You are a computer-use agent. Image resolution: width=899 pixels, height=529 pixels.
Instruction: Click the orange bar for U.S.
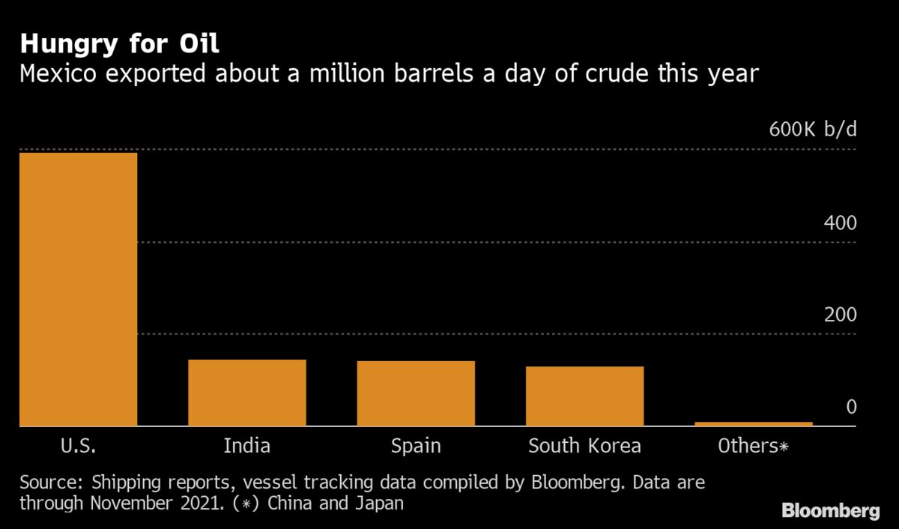point(78,289)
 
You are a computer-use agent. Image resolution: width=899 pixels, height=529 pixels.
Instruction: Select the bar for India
point(246,393)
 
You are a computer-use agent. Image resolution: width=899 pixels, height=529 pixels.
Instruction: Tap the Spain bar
point(416,393)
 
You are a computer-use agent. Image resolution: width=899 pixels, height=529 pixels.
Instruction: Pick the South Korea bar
point(584,396)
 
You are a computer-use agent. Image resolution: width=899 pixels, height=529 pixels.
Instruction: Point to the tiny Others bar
point(754,424)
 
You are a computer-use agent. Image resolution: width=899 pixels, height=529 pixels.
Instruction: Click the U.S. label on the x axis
point(78,447)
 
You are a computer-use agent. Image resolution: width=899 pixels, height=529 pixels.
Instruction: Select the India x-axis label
point(246,447)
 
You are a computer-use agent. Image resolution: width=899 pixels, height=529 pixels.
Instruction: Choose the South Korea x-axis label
point(584,447)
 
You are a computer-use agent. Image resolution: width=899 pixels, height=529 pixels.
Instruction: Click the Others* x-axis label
point(754,447)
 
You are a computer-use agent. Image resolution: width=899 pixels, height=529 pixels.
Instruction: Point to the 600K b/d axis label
point(813,130)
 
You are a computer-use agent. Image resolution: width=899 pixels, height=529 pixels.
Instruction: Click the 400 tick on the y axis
point(840,223)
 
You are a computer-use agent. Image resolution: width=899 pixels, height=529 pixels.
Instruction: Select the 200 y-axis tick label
point(840,315)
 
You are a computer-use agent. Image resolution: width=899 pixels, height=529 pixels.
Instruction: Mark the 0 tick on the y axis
point(851,408)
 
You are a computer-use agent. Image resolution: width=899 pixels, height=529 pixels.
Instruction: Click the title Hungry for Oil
point(120,43)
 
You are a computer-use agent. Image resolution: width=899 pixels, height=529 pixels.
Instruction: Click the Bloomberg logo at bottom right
point(831,511)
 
